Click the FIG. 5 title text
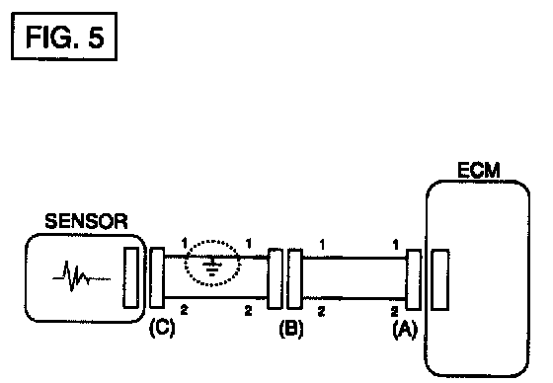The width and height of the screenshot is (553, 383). (x=65, y=38)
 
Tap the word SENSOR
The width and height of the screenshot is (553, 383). (x=86, y=221)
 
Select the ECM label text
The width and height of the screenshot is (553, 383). (x=479, y=170)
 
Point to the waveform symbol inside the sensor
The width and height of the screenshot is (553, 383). (x=81, y=276)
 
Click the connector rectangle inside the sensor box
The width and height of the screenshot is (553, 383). (x=130, y=277)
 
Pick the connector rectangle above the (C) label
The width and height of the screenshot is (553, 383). (x=157, y=277)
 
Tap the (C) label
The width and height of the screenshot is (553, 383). (x=162, y=328)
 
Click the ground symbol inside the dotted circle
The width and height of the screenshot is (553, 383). (x=212, y=267)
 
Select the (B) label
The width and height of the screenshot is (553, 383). (x=291, y=329)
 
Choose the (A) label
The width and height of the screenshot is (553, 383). (x=405, y=330)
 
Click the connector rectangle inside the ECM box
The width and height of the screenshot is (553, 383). (x=440, y=279)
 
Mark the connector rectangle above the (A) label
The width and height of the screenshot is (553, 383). (x=414, y=279)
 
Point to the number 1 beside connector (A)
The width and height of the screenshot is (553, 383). (x=395, y=244)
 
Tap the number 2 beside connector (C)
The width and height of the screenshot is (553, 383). (x=184, y=309)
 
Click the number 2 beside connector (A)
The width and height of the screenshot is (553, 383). (x=395, y=311)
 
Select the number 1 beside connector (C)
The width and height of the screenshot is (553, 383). (x=184, y=243)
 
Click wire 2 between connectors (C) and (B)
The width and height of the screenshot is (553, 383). (x=216, y=297)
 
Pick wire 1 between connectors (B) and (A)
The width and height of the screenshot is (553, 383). (x=355, y=259)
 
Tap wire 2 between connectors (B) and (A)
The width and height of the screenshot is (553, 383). (x=355, y=298)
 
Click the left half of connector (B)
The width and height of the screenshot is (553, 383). (x=276, y=278)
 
